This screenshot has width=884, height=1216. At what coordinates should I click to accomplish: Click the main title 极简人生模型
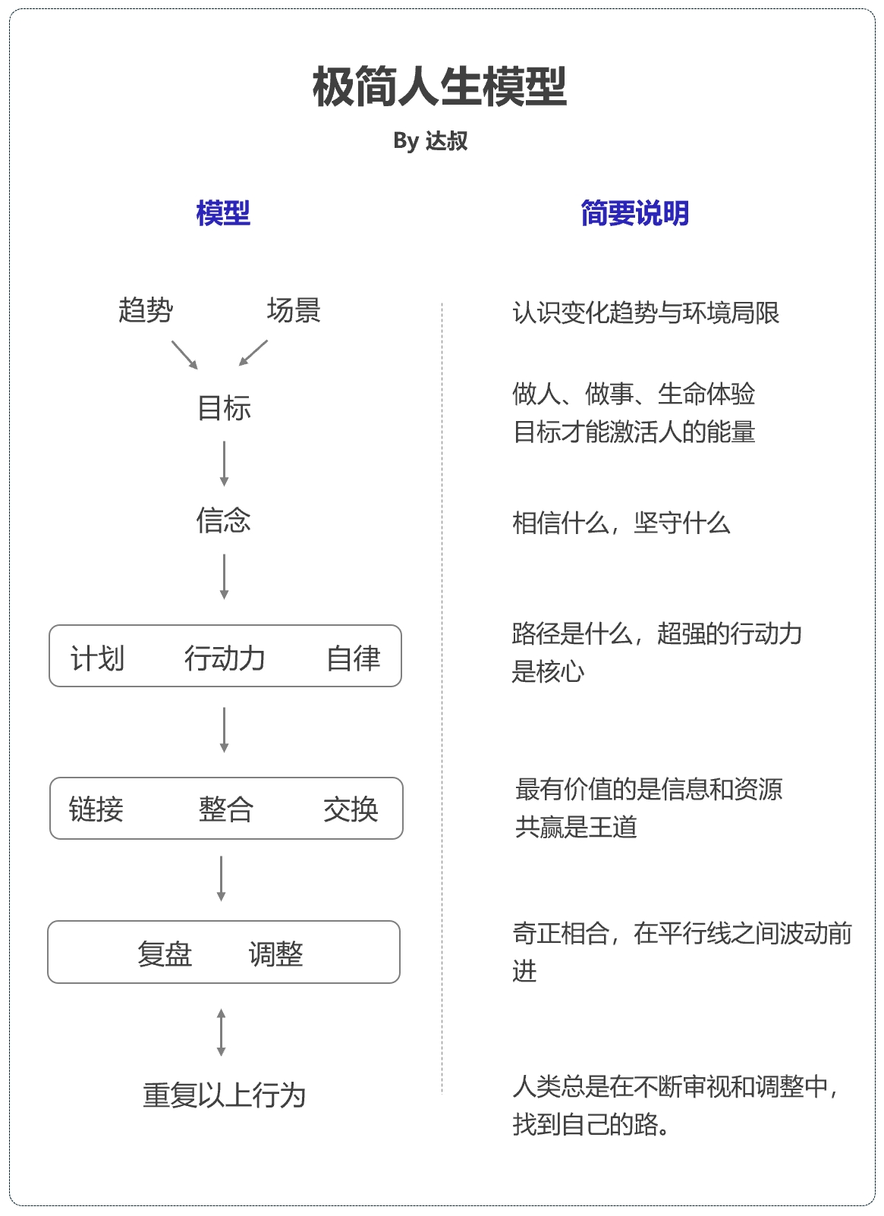439,86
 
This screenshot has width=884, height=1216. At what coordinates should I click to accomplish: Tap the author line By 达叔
430,141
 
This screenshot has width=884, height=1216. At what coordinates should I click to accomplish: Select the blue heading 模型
223,213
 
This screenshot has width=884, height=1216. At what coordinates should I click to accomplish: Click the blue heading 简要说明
635,213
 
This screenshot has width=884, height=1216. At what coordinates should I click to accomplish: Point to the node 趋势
146,310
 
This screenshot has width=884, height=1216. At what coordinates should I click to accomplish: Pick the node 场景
294,310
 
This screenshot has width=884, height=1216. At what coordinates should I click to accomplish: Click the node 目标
225,408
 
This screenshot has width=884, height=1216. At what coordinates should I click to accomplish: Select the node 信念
224,520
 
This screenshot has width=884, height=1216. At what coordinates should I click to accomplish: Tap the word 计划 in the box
98,658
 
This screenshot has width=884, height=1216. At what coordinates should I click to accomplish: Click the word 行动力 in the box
225,658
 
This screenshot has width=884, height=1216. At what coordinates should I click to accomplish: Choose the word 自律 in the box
354,658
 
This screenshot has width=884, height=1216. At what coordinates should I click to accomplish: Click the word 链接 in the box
96,809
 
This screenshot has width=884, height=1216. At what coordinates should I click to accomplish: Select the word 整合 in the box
226,809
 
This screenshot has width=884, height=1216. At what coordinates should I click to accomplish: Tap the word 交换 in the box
351,809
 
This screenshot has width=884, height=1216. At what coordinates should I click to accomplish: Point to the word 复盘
165,954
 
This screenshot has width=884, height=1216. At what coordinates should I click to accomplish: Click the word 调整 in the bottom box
276,954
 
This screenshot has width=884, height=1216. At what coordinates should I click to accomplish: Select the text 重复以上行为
225,1095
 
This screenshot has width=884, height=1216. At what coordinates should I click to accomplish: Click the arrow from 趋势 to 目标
184,355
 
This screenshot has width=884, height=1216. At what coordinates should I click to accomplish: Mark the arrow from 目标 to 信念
225,463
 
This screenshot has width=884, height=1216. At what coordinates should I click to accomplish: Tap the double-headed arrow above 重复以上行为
221,1032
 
